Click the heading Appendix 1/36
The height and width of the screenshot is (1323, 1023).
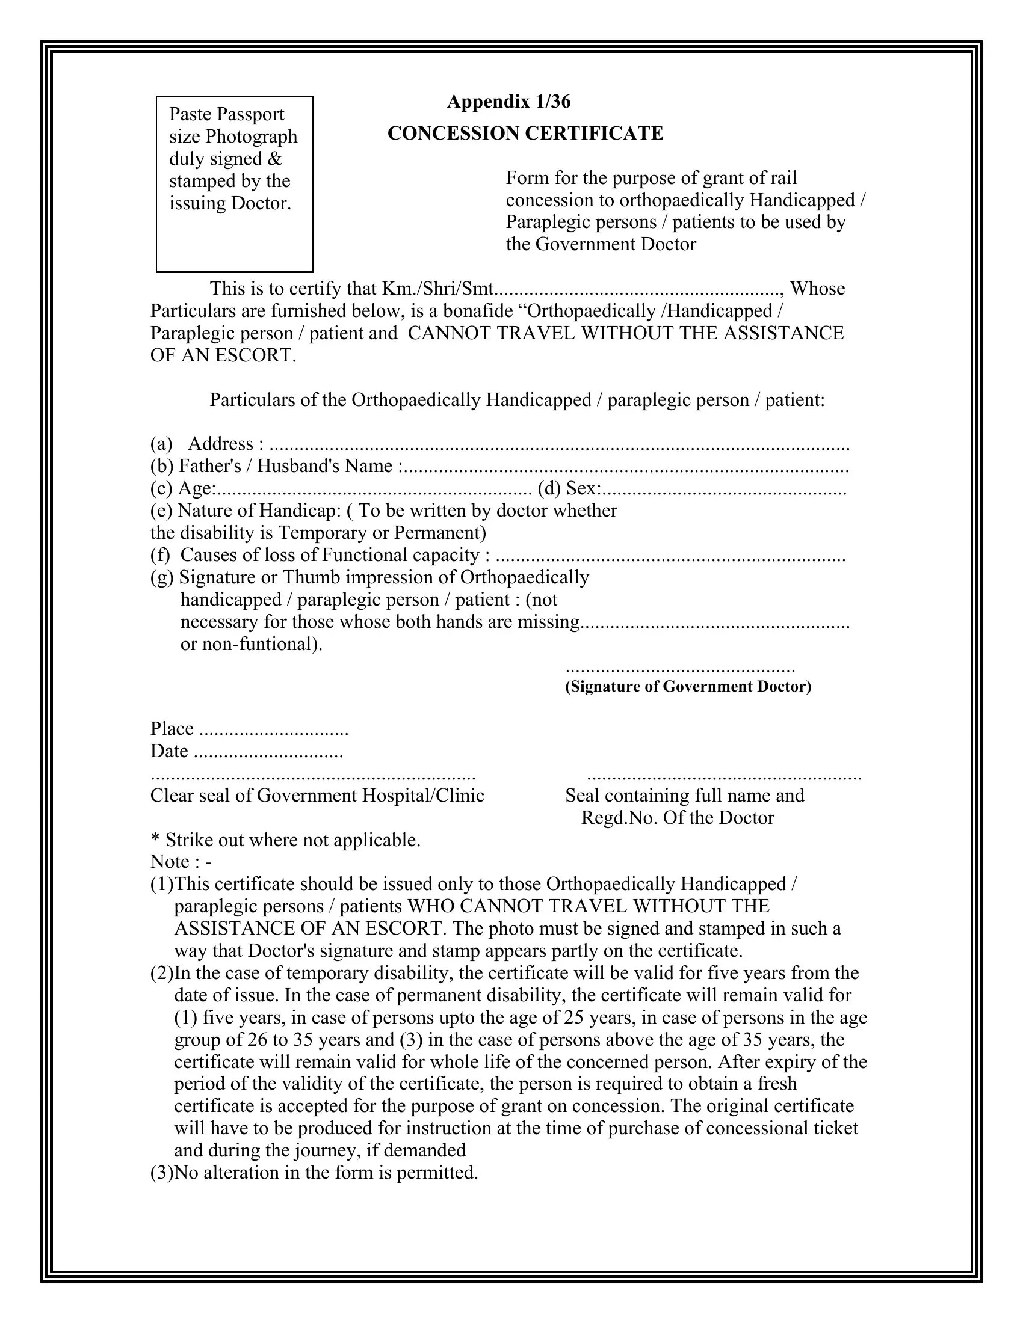pos(508,102)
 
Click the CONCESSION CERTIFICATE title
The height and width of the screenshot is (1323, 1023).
pos(525,134)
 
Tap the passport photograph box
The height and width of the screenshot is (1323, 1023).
pos(235,183)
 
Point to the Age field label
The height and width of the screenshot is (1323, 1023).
pos(196,489)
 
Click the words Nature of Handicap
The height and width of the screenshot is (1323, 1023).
pos(259,511)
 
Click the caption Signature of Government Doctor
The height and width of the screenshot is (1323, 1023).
pos(688,686)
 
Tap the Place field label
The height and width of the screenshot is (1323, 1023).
pos(172,729)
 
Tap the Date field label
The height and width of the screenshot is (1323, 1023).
pos(170,751)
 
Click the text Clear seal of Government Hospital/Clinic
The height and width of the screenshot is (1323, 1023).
pos(317,796)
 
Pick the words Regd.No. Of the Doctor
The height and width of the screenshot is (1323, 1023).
pos(677,818)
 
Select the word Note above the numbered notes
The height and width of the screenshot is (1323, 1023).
pos(170,862)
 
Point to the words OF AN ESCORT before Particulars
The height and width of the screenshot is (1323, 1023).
pos(223,355)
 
